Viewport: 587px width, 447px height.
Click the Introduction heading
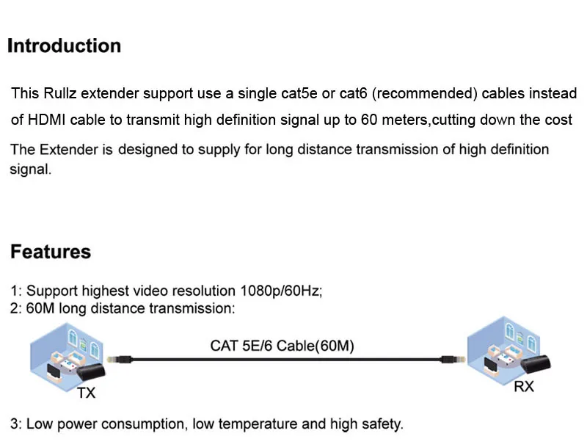click(x=64, y=46)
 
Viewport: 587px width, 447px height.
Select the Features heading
click(x=51, y=252)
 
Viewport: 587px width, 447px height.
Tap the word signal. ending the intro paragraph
click(x=31, y=170)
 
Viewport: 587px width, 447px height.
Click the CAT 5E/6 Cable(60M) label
click(x=282, y=345)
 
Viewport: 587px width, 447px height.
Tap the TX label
click(x=86, y=393)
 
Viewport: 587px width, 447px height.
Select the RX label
click(x=523, y=386)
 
